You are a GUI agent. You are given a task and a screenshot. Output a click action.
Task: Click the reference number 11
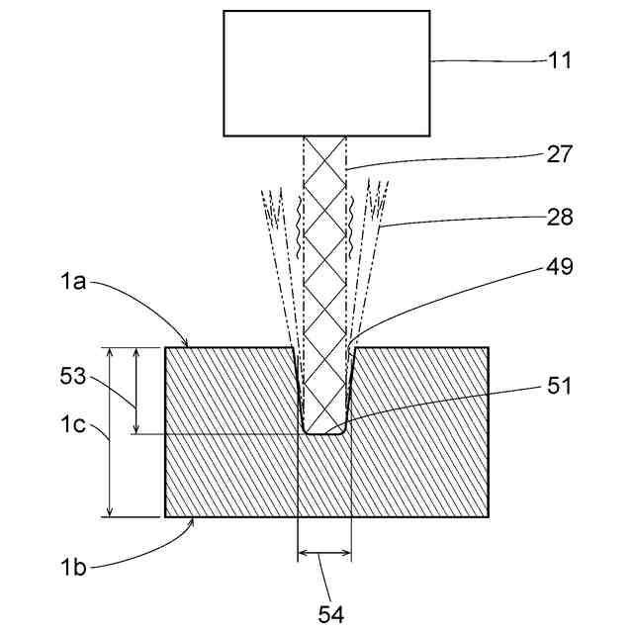[560, 60]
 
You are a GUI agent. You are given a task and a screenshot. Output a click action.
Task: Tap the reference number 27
[560, 154]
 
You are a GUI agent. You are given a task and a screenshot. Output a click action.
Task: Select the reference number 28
[560, 216]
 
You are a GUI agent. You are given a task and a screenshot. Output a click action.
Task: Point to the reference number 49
[559, 266]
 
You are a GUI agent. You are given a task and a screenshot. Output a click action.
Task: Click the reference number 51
[560, 387]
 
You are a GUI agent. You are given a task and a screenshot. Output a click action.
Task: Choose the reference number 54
[330, 614]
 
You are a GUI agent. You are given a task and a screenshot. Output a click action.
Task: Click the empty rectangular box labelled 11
[326, 72]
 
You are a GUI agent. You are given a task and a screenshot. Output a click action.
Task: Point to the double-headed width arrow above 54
[324, 556]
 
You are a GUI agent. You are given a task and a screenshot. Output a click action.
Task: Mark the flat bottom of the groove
[324, 432]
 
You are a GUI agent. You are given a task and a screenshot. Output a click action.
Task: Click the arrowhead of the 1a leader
[188, 343]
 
